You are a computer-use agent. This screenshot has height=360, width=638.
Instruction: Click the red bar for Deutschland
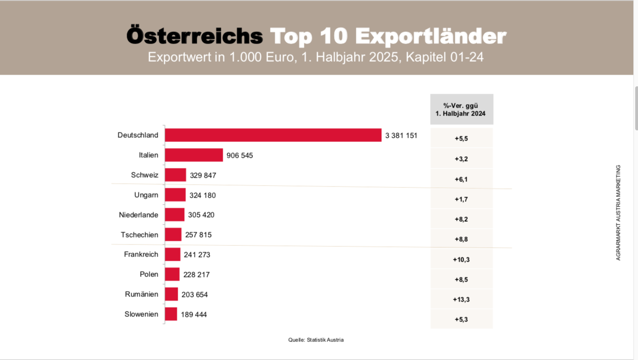273,135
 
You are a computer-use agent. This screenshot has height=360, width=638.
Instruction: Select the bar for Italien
193,155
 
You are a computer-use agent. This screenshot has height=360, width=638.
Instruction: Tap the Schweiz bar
175,175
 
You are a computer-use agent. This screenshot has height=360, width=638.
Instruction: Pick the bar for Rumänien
171,294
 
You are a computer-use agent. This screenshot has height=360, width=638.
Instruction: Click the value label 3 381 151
401,135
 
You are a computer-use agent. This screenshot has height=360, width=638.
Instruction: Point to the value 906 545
239,155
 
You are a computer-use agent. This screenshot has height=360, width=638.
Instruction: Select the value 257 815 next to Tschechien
198,235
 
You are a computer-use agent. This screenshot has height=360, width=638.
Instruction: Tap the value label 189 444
193,315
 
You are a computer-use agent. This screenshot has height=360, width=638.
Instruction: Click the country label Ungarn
146,195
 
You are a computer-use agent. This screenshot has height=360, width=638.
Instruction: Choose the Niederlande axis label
138,215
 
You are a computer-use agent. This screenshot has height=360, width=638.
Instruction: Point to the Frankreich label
141,254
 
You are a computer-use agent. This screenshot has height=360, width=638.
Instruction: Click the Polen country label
149,274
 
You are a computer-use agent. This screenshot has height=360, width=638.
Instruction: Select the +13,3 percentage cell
461,299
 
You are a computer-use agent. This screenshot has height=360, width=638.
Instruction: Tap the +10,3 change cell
461,259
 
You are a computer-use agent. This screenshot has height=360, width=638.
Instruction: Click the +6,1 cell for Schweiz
461,179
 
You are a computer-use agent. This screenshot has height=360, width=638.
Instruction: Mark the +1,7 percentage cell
461,199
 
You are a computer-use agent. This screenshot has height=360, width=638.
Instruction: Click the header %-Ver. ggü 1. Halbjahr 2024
461,109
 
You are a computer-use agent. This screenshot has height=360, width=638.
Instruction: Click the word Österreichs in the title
195,36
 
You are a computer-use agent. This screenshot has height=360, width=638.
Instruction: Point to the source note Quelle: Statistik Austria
316,340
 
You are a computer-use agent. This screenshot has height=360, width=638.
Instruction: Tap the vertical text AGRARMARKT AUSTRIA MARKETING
618,212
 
